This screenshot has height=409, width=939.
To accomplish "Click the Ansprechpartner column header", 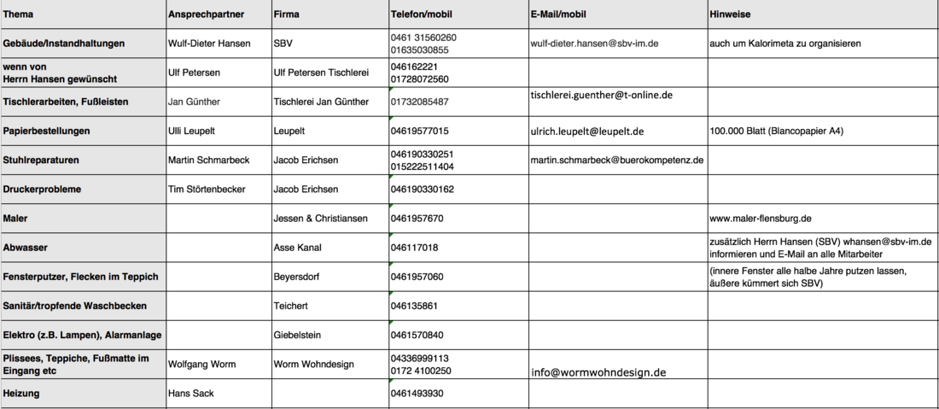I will (x=207, y=15).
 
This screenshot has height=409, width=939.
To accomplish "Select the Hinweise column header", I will (x=729, y=15).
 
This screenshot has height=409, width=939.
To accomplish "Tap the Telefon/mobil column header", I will (x=422, y=15).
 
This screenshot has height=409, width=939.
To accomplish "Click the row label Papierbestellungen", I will (x=47, y=131).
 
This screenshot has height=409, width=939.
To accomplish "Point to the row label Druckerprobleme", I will (x=42, y=189).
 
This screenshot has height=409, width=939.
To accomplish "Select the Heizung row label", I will (x=21, y=394).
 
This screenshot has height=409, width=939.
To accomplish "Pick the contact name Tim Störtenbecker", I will (x=212, y=189).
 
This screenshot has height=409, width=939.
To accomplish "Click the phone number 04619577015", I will (x=419, y=131).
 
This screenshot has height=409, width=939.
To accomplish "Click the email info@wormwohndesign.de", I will (x=598, y=372).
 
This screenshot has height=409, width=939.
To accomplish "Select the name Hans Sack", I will (x=190, y=394).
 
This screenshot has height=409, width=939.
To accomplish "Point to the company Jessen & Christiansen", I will (x=320, y=219).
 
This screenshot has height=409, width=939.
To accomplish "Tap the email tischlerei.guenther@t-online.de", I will (x=601, y=95).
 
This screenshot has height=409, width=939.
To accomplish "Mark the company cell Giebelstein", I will (x=297, y=335).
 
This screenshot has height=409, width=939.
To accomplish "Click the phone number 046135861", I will (x=414, y=306).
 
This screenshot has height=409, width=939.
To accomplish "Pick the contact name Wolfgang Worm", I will (x=202, y=364).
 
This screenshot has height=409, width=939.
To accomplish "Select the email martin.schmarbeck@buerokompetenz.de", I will (x=616, y=160).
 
